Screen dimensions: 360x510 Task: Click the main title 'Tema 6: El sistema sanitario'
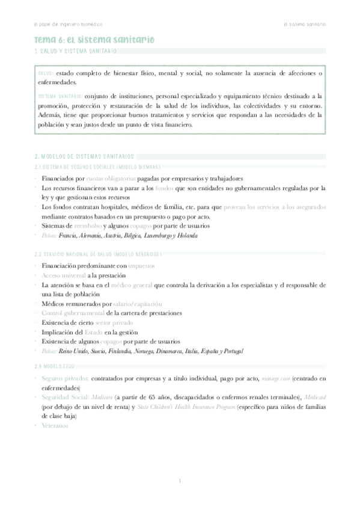pyautogui.click(x=94, y=40)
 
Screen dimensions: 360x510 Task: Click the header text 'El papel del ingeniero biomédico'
pyautogui.click(x=68, y=24)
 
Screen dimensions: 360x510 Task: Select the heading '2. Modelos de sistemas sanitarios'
pyautogui.click(x=85, y=156)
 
